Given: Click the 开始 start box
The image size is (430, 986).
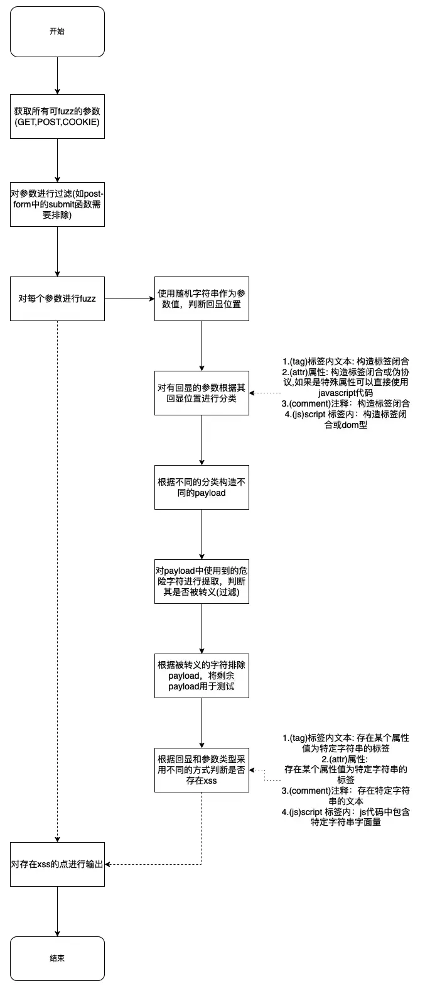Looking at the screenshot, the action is [x=57, y=31].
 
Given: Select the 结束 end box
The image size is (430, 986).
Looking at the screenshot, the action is [x=57, y=958].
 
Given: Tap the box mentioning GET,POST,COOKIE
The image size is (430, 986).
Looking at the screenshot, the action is [x=57, y=117].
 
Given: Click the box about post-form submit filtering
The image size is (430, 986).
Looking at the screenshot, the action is [x=57, y=205].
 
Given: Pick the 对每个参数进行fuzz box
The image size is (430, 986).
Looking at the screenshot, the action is [x=57, y=299].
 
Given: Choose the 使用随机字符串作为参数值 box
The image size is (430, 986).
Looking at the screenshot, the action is [x=202, y=299].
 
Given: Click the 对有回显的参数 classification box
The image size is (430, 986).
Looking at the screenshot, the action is [x=202, y=393].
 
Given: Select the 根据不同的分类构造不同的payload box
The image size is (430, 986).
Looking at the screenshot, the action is [x=202, y=487].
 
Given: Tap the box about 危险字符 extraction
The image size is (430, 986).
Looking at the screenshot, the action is [x=202, y=581].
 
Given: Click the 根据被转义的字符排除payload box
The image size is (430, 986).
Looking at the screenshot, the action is [x=202, y=676].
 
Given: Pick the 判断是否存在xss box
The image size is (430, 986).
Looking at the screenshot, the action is [x=202, y=770].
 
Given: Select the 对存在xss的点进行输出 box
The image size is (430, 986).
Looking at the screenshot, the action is [x=57, y=864].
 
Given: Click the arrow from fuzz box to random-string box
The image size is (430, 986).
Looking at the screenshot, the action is [x=130, y=299].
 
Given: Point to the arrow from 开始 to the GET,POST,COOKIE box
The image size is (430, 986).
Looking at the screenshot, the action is [x=57, y=75].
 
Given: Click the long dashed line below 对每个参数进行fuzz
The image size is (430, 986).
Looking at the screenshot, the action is [x=57, y=581].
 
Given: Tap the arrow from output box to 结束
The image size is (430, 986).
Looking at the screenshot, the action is [x=57, y=911].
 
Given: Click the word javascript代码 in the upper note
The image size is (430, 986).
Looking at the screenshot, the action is [x=346, y=393].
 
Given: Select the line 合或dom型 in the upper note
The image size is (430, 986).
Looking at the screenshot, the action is [x=346, y=425].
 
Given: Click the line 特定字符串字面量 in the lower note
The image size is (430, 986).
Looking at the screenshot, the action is [x=346, y=822].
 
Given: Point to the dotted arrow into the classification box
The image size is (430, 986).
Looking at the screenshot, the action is [x=265, y=393].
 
